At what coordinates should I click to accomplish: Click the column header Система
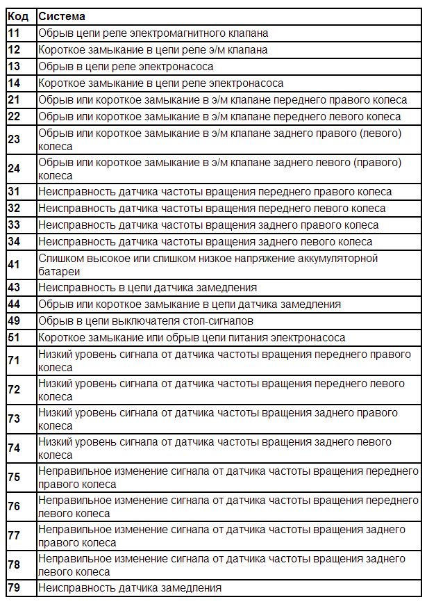pos(61,16)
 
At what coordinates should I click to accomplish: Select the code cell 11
pos(14,33)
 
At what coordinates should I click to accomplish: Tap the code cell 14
pos(14,83)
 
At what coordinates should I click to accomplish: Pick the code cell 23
pos(14,140)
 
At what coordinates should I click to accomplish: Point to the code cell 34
pos(14,242)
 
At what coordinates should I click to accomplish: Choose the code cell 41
pos(14,265)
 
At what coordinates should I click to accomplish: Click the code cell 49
pos(14,321)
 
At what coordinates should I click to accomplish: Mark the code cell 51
pos(14,338)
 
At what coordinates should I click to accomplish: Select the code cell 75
pos(14,478)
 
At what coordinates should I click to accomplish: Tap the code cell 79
pos(14,589)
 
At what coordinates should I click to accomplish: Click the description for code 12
pos(153,49)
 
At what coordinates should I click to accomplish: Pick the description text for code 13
pos(126,67)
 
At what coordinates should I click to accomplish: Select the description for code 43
pos(147,287)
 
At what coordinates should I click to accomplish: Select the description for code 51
pos(192,338)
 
